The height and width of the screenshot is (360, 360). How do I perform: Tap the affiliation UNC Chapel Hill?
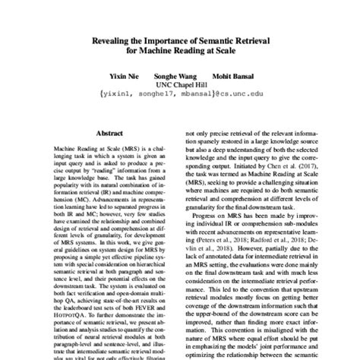(x=179, y=87)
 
